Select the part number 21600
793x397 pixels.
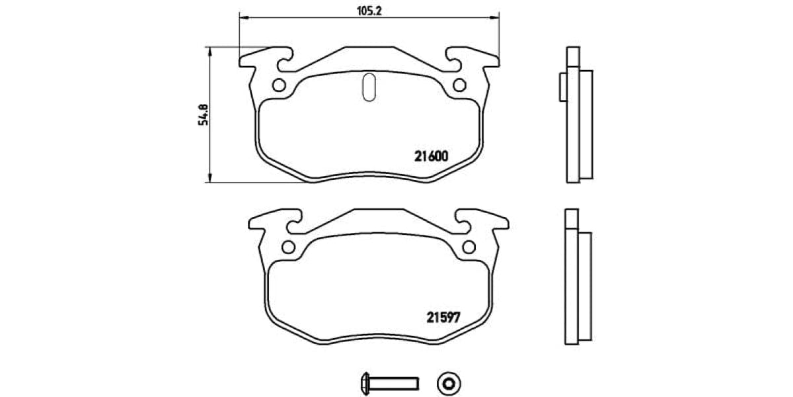[x=432, y=157]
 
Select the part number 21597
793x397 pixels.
[x=441, y=317]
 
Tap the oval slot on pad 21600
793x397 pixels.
[x=370, y=87]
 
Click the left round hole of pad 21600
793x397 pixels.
[x=280, y=85]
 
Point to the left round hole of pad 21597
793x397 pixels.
[x=288, y=247]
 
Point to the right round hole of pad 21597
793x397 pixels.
[x=469, y=247]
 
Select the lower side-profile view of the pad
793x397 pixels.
[x=578, y=276]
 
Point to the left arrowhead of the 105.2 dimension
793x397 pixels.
[x=243, y=17]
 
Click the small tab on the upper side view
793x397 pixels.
[x=562, y=86]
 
